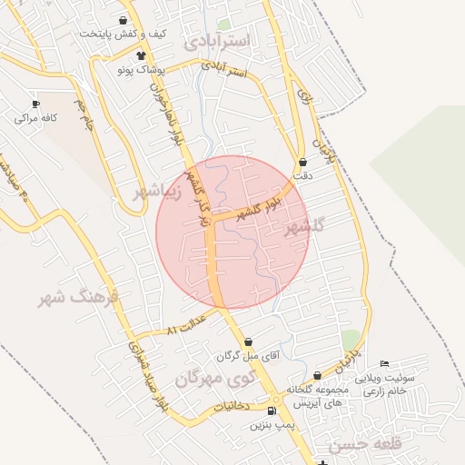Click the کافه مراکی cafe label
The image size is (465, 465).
point(35,118)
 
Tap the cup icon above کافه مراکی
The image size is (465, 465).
point(35,104)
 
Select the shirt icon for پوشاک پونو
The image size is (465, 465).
point(139,55)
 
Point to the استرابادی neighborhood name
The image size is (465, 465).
point(222,42)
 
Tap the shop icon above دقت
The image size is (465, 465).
point(302,162)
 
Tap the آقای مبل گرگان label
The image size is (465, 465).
point(247,357)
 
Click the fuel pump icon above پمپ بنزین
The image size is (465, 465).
point(272,411)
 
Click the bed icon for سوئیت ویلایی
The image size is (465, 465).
point(385,363)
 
